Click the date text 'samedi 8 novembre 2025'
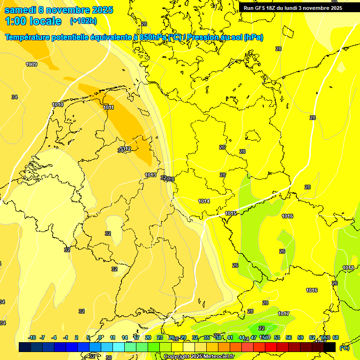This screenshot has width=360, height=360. pos(59,10)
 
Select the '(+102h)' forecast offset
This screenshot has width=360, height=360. pos(83,21)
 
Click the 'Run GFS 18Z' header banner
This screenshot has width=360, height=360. pos(293,8)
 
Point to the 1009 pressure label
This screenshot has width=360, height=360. pos(31,64)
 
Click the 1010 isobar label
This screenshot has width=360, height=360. pos(58,105)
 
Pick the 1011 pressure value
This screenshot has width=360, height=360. pos(108,107)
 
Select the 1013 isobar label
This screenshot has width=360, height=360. pos(150,175)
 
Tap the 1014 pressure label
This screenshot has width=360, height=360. pos(203,201)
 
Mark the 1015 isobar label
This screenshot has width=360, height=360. pos(231,213)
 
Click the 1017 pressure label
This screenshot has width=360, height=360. pos(284,314)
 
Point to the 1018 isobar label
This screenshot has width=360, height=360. pos(348,268)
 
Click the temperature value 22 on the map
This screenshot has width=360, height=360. pos(262,328)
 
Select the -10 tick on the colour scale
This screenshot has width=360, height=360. pos(32,337)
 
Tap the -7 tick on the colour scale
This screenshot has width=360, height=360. pos(42,337)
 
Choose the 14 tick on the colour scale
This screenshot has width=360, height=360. pos(125,337)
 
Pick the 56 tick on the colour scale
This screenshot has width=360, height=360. pos(289,337)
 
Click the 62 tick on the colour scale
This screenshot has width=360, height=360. pos(312,337)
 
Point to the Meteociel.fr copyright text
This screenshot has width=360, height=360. pos(199,356)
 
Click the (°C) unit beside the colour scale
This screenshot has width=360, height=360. pos(344,348)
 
